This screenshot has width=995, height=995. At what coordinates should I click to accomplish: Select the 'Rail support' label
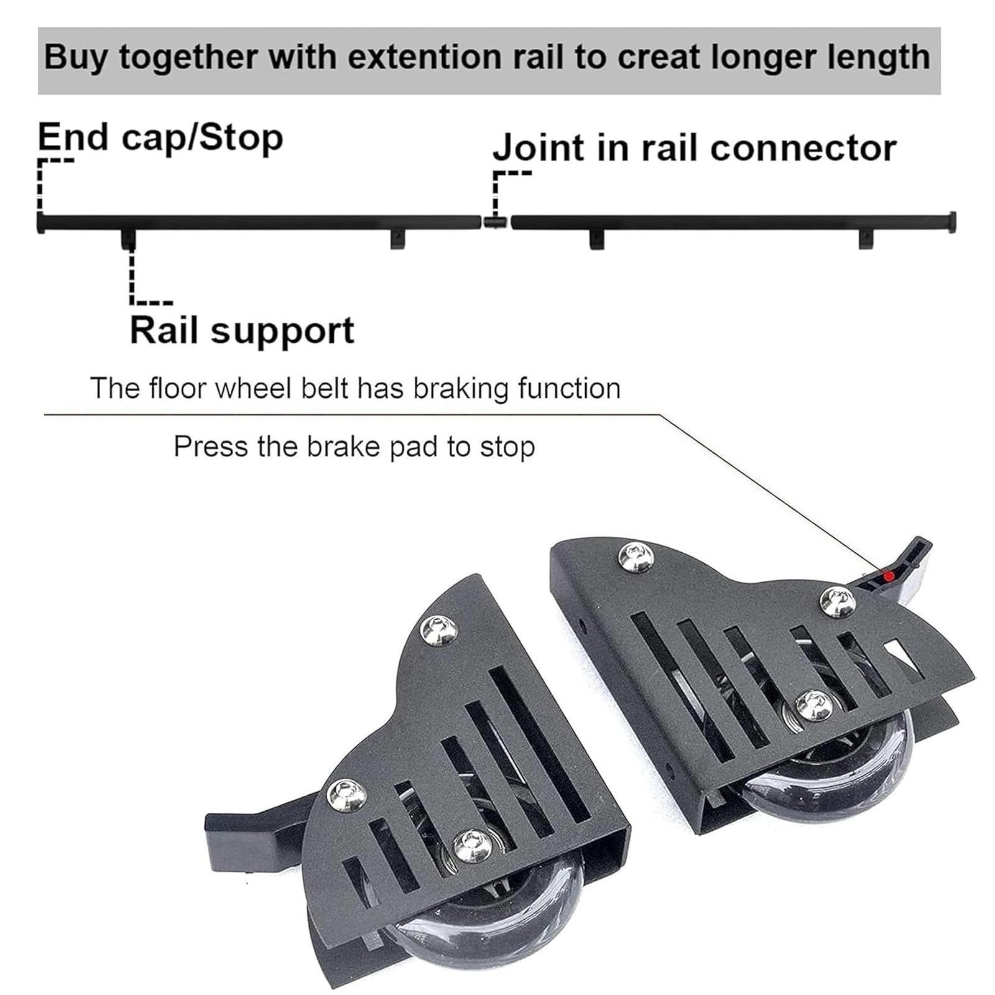click(242, 330)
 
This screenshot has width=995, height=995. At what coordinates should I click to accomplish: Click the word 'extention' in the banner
click(424, 57)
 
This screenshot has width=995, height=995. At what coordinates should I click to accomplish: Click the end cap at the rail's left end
click(40, 222)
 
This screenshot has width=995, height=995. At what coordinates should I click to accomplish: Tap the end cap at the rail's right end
click(951, 222)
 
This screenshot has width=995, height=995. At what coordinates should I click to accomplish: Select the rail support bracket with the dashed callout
click(129, 238)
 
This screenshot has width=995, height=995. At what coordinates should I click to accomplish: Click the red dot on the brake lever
click(889, 576)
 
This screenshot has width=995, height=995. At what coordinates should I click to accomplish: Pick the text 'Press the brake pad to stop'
click(354, 447)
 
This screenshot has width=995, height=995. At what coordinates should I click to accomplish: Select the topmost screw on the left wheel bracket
click(439, 629)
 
